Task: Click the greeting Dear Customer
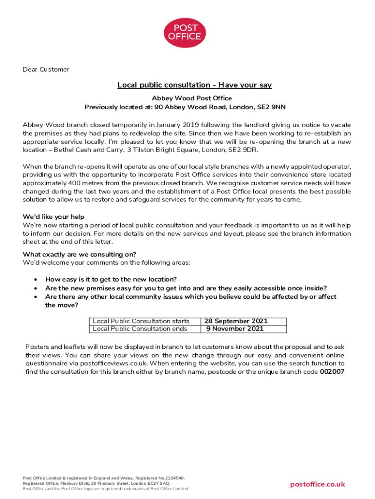[46, 69]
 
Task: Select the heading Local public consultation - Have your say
[194, 85]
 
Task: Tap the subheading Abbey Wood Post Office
[192, 98]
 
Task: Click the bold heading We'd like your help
[54, 217]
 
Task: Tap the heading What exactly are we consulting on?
[79, 254]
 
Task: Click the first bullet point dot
[35, 280]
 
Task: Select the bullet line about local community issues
[190, 297]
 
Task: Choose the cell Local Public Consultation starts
[141, 321]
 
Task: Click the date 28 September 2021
[236, 321]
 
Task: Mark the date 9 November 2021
[235, 329]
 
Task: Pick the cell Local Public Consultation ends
[140, 329]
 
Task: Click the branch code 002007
[332, 372]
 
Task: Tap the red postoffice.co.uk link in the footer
[317, 484]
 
